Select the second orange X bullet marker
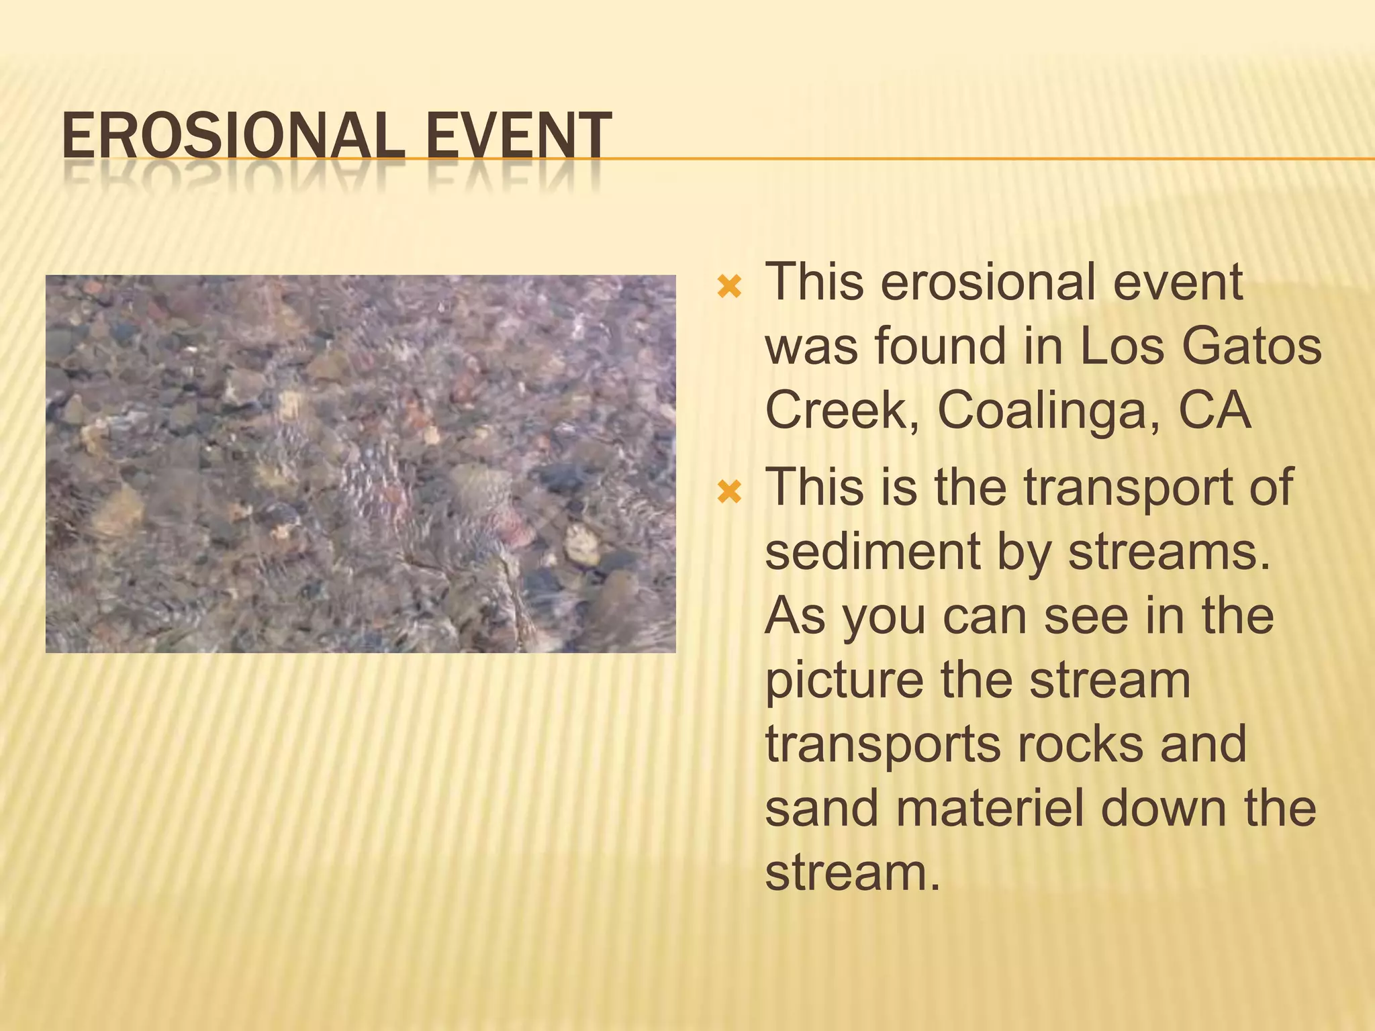(x=729, y=493)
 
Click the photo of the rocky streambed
(x=361, y=464)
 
